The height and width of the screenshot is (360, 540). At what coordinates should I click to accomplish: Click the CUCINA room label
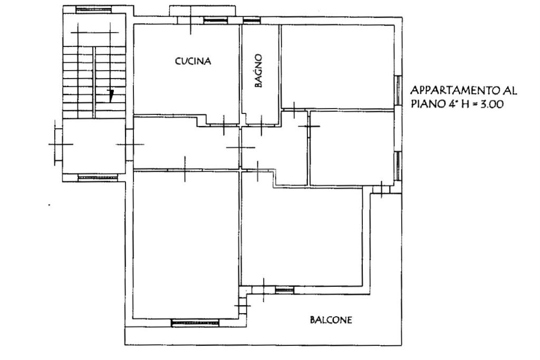(x=193, y=61)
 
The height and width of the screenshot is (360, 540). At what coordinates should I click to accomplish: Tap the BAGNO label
(x=258, y=71)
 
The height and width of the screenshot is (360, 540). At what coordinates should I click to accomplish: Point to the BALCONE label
(x=331, y=320)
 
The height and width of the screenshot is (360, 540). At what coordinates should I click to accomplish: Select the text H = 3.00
(x=483, y=104)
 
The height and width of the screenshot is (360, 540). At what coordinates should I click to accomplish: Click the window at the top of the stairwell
(x=94, y=10)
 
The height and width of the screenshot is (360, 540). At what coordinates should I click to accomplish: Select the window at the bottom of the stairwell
(x=98, y=178)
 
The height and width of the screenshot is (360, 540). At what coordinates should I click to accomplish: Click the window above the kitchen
(x=216, y=21)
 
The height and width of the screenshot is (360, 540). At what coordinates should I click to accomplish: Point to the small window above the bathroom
(x=252, y=21)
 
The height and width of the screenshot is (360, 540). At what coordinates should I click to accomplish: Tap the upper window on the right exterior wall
(x=398, y=90)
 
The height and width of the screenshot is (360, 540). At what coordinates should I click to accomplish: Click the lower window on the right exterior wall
(x=398, y=166)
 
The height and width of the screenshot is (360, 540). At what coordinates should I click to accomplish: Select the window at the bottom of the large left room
(x=195, y=323)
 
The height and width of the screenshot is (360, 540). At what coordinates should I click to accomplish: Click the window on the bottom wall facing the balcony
(x=285, y=290)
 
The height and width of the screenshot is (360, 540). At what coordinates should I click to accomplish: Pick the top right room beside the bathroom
(x=338, y=67)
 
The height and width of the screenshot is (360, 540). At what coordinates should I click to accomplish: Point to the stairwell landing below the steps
(x=94, y=147)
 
